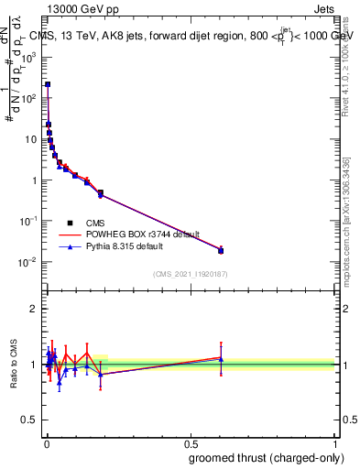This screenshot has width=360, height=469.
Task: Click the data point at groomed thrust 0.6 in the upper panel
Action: (221, 250)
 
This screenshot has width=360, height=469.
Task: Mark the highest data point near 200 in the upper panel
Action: (48, 84)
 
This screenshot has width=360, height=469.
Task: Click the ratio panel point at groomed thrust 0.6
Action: (221, 358)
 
